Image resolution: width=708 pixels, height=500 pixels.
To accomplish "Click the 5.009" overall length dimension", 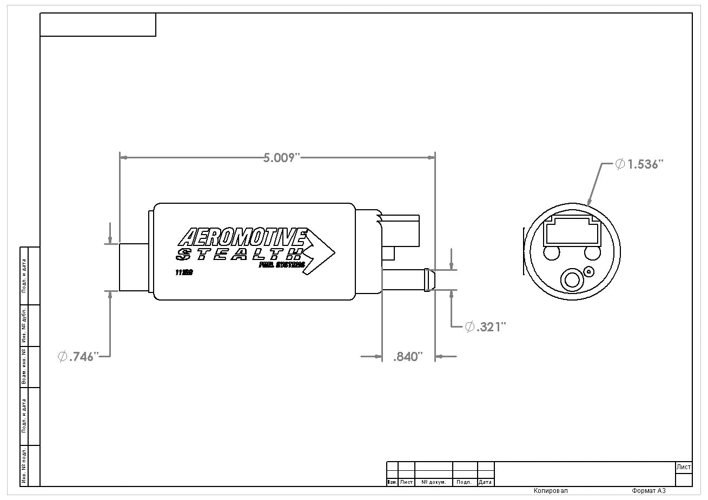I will coord(281,158).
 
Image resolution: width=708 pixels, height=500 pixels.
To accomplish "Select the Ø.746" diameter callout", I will coord(78,356).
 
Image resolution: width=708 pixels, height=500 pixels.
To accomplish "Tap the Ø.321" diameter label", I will coord(485,326).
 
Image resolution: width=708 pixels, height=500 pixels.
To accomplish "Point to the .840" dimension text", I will coord(407,357).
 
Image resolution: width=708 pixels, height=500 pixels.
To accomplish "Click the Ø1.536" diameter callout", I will coord(639,164).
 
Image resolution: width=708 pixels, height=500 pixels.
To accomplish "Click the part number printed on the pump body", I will coord(184,272).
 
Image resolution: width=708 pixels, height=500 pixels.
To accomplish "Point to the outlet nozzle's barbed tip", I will coord(429,279).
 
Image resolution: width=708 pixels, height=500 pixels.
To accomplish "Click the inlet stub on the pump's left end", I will coord(134,268).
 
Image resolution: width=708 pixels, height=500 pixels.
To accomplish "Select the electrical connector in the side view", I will coord(403,230).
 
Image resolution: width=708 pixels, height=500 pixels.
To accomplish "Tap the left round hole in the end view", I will coord(552,252).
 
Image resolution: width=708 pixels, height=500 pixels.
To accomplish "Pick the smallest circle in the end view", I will coord(590,272).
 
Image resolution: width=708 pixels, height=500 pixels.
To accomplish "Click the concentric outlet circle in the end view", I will coord(571,279).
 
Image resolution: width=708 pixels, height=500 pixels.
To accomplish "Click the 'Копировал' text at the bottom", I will coord(551,491).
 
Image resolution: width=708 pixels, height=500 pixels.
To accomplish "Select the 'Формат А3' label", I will coord(648,491).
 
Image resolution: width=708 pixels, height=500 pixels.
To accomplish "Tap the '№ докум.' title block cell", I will coord(433,482).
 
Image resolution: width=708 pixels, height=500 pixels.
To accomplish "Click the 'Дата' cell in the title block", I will coord(485,482).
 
